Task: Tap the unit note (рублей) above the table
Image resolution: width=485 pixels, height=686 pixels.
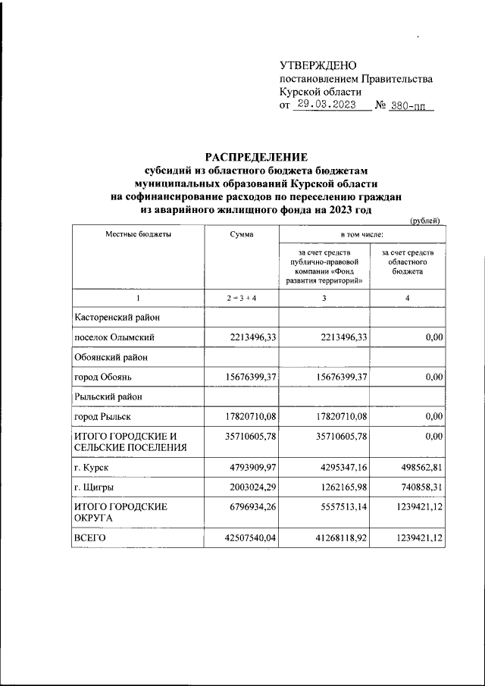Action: pos(424,220)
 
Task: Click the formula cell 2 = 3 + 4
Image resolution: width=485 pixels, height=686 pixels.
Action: pos(241,299)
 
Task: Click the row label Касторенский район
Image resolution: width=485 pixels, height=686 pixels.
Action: pos(116,317)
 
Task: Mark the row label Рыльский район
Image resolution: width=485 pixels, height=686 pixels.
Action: pos(108,396)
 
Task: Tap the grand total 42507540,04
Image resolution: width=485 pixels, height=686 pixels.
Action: pos(246,539)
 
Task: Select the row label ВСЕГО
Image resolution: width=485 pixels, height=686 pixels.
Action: pos(89,539)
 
